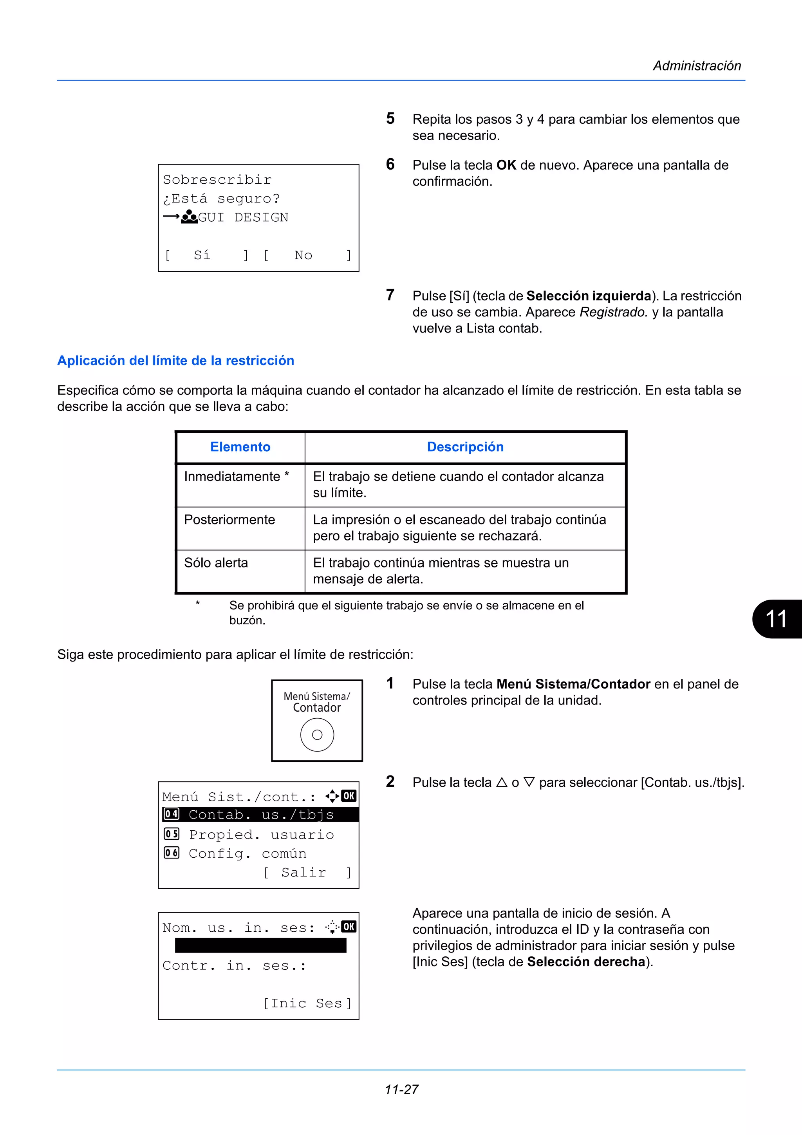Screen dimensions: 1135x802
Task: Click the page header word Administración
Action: tap(697, 66)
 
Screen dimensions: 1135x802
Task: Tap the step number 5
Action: tap(390, 119)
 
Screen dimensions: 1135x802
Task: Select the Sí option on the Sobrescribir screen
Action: tap(202, 255)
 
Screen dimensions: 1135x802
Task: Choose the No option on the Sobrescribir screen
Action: tap(303, 255)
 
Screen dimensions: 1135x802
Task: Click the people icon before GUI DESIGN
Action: tap(189, 217)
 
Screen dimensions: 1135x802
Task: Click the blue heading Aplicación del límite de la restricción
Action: tap(175, 360)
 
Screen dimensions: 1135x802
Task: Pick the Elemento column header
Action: tap(240, 447)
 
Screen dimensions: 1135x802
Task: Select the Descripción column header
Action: tap(465, 447)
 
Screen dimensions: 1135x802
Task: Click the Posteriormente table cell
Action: tap(229, 520)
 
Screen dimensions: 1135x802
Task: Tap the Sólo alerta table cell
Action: tap(216, 562)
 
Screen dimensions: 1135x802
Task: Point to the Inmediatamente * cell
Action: tap(236, 477)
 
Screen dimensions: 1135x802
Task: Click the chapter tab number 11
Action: tap(776, 619)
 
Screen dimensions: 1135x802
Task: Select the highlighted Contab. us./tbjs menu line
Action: tap(261, 815)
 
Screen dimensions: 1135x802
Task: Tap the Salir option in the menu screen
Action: tap(303, 873)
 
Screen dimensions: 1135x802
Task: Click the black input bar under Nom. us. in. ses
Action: tap(260, 946)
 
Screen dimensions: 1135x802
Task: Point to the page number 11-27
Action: tap(401, 1090)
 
